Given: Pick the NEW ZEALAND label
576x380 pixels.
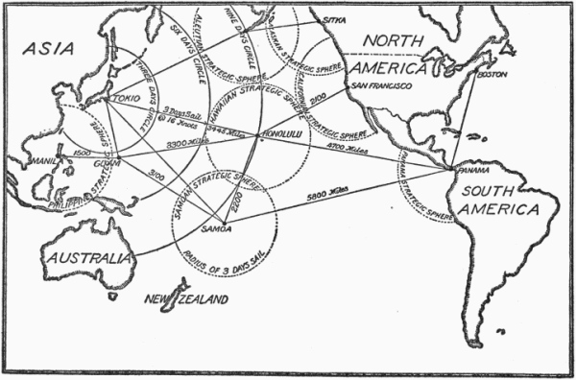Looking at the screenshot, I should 187,300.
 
